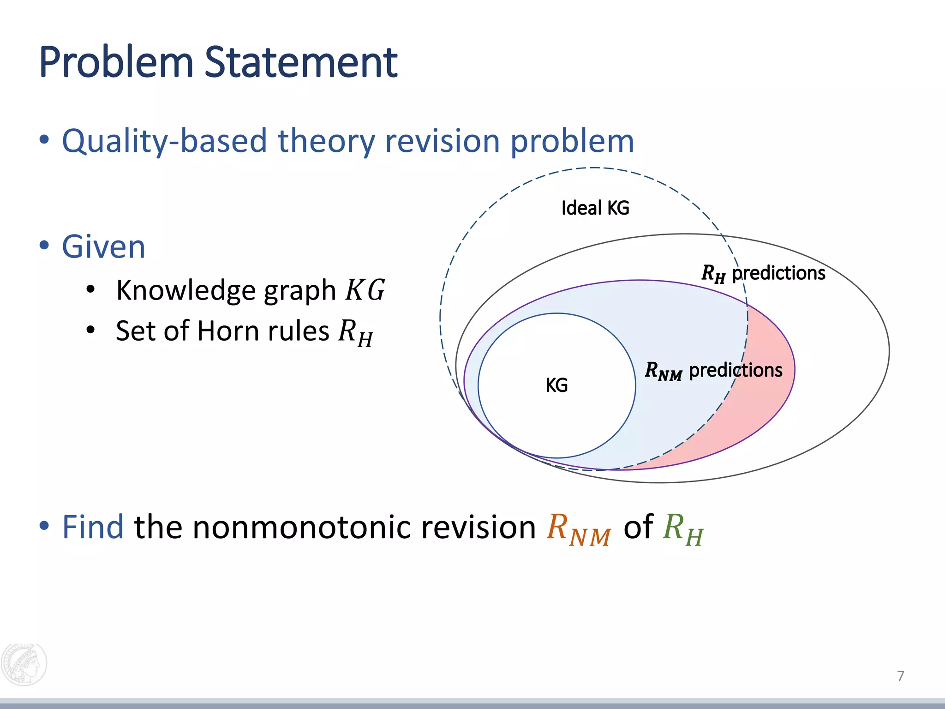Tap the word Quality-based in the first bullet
click(164, 141)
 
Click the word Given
click(104, 246)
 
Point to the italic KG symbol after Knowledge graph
click(365, 290)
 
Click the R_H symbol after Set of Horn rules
click(355, 332)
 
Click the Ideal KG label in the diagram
click(595, 208)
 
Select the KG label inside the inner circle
click(556, 385)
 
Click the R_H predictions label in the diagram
click(763, 273)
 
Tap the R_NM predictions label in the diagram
click(713, 371)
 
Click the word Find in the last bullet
click(93, 527)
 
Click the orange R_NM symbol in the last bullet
click(579, 529)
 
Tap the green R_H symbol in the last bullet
click(683, 529)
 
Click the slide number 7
click(900, 676)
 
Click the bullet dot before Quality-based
click(44, 140)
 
